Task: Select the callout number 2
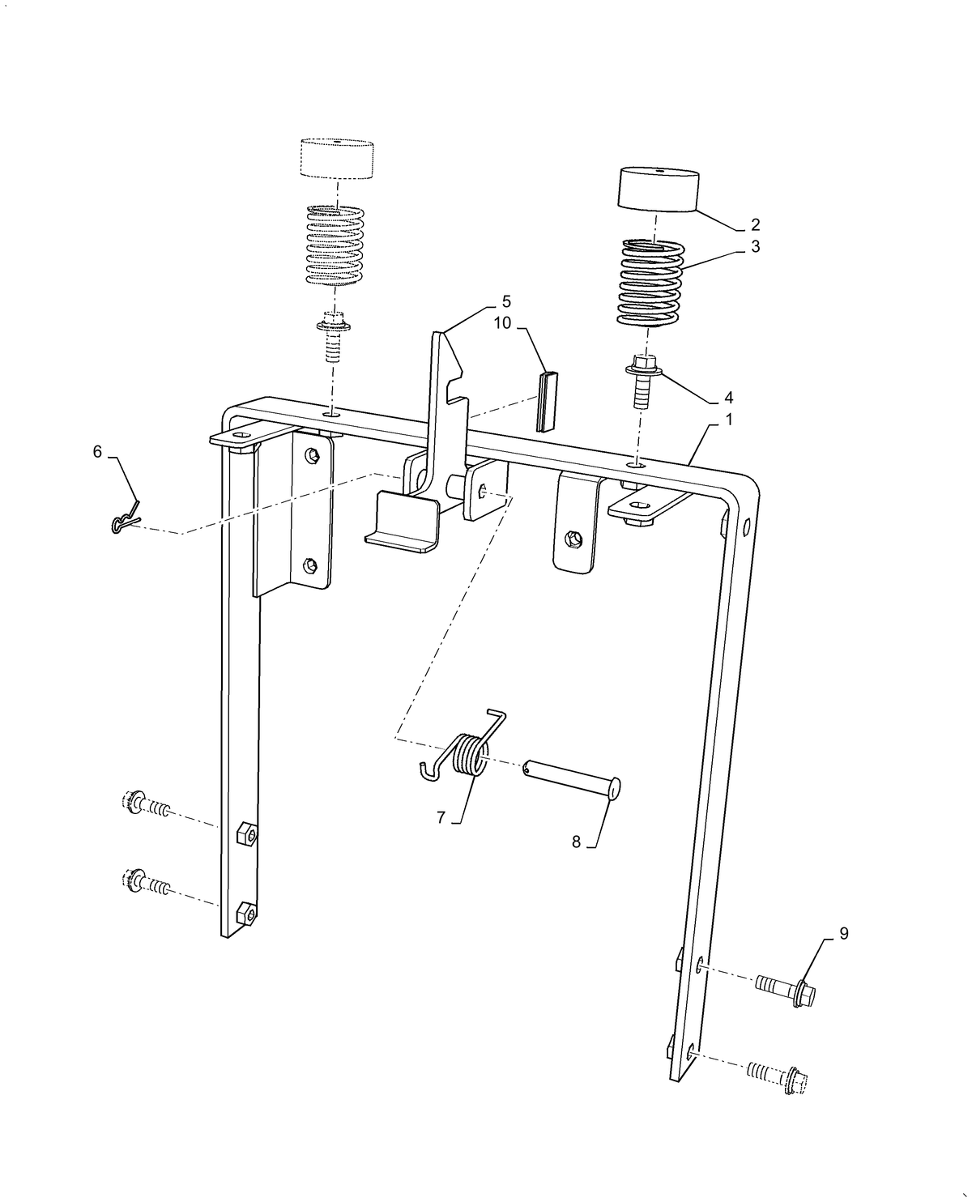point(755,224)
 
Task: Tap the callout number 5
point(506,301)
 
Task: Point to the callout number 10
point(503,322)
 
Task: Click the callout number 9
point(843,934)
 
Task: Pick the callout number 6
point(97,452)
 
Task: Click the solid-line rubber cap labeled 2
point(660,190)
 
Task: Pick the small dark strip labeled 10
point(547,400)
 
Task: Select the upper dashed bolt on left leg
point(145,804)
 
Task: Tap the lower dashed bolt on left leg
point(145,882)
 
